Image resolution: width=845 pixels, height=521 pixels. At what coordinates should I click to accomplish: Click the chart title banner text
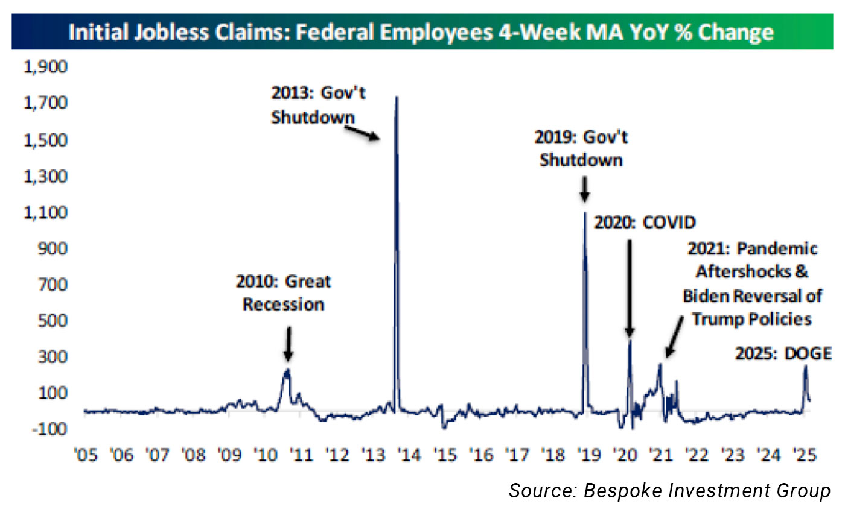[421, 31]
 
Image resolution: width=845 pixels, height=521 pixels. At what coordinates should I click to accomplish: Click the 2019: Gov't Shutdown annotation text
[581, 148]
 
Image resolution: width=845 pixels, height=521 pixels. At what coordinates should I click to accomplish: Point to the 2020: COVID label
[645, 223]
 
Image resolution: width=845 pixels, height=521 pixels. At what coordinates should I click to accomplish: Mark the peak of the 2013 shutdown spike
[396, 97]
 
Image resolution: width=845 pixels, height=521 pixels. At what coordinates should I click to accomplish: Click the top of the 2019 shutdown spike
[585, 212]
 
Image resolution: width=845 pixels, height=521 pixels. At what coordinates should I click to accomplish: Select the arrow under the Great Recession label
[288, 343]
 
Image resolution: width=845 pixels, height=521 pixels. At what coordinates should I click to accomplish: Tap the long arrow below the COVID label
[629, 286]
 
